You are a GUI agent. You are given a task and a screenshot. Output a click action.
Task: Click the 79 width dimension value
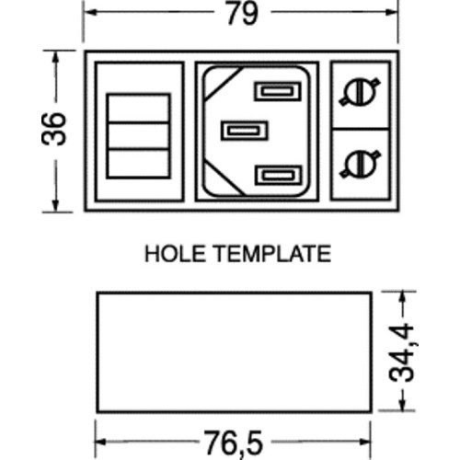click(242, 14)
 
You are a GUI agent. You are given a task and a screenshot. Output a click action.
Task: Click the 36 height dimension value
click(53, 129)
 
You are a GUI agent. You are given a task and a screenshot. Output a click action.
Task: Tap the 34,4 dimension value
click(402, 352)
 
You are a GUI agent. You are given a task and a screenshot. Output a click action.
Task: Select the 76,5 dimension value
click(234, 443)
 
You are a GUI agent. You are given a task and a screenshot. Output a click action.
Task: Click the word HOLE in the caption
click(175, 253)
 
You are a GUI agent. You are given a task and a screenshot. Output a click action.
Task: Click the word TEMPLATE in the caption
click(272, 253)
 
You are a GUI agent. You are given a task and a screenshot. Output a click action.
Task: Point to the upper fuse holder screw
click(360, 92)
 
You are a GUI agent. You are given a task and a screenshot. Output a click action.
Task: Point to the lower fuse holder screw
click(360, 164)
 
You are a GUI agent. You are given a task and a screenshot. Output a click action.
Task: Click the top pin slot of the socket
click(278, 91)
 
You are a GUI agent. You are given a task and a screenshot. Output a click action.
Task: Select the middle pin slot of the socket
click(245, 131)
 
